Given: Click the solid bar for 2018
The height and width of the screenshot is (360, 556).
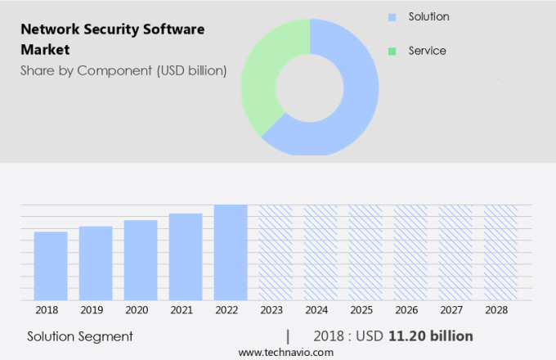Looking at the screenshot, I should click(51, 266).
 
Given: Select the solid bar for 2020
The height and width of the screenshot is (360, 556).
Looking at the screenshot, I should click(141, 260).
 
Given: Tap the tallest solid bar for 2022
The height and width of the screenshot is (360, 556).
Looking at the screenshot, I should click(231, 252).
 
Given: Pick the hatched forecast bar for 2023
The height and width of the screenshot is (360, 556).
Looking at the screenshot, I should click(276, 252).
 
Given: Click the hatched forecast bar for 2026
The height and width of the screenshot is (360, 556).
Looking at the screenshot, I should click(410, 252).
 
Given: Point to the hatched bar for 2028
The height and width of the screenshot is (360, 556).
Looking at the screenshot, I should click(500, 252).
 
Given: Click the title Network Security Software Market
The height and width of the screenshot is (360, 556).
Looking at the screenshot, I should click(112, 39).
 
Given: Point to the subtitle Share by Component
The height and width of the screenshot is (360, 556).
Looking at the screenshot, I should click(123, 70).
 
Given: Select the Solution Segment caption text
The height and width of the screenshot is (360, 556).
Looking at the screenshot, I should click(80, 336).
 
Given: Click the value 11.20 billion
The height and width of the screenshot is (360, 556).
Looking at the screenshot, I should click(431, 336).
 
